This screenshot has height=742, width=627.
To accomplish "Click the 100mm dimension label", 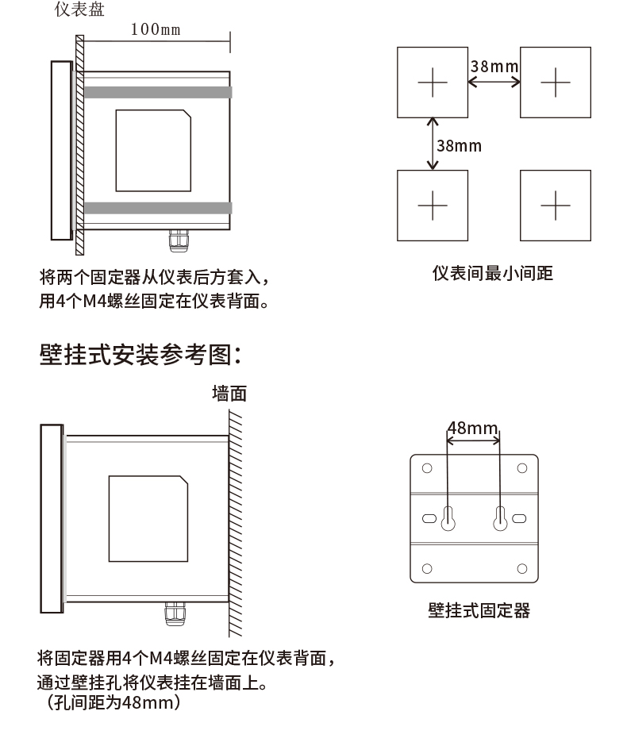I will coord(156,30).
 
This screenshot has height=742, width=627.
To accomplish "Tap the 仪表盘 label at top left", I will coord(79,10).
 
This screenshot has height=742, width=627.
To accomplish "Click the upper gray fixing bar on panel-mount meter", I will coord(158,92).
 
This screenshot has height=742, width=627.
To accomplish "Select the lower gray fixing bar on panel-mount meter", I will coord(158,208).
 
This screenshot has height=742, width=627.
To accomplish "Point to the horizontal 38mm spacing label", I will coord(494,65).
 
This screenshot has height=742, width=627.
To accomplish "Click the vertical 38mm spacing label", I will coord(459,145).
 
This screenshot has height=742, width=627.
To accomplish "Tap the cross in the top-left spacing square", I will coord(433,82).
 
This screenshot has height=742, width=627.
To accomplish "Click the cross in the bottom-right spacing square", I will coord(556,206).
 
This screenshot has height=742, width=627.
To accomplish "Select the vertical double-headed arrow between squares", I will coord(433,144).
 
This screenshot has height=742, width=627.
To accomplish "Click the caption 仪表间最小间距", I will coord(492,274).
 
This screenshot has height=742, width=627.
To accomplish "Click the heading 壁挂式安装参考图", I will coord(140,355).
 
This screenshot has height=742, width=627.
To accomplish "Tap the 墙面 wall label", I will coord(229,393).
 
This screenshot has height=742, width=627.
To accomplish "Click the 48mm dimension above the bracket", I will coord(472,429).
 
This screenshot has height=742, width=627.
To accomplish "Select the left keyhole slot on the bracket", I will coord(448,517).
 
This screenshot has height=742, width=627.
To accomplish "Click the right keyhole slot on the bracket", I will coord(500,517).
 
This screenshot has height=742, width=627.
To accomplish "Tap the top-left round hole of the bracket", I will coord(426,468).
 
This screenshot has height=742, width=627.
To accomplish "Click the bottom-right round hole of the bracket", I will coord(521,568).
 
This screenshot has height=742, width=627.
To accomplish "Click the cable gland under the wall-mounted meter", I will coord(172,613).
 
